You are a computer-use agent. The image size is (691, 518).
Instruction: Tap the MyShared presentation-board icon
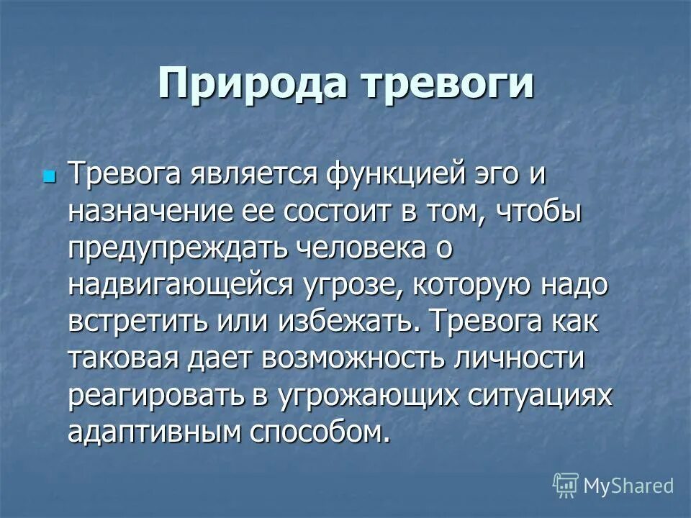tap(565, 484)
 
